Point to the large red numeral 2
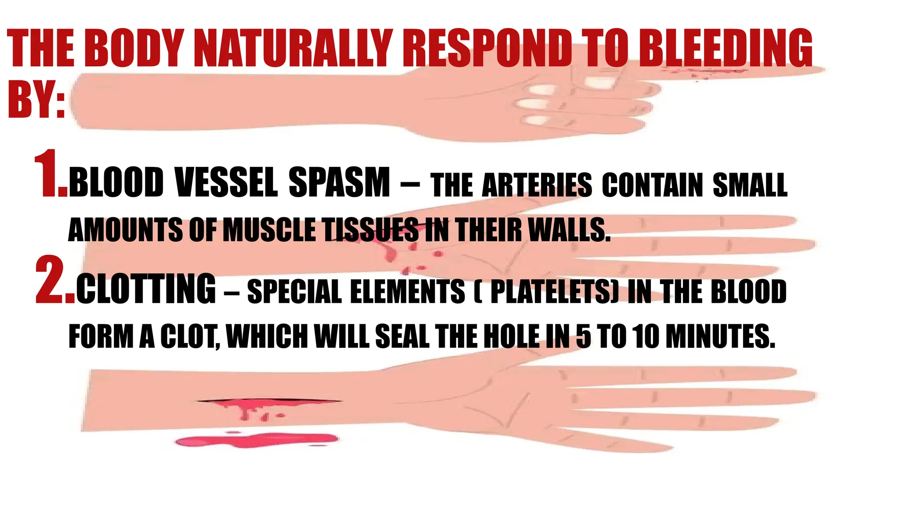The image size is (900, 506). [54, 281]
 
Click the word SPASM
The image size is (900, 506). [339, 183]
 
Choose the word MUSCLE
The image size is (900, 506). [269, 230]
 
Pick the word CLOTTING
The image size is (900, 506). [146, 289]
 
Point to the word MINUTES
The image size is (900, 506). [720, 336]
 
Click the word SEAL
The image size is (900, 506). [402, 336]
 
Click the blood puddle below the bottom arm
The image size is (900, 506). [257, 440]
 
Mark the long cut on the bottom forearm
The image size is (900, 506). [268, 401]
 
